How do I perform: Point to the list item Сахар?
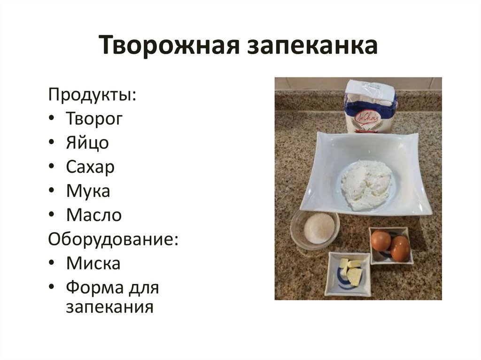point(90,167)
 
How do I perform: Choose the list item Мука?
point(88,191)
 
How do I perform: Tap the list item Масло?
point(94,215)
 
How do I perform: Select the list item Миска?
point(93,263)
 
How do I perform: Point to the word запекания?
point(109,307)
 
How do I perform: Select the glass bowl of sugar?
point(318,229)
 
